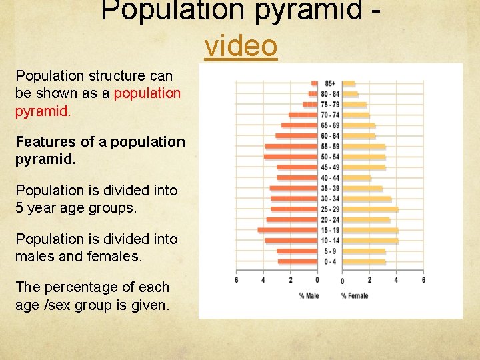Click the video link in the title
pos(241,46)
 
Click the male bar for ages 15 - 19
pos(287,230)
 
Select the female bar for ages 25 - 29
pos(370,209)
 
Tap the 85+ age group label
pos(330,83)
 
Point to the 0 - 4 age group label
pos(330,262)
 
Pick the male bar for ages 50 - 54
pos(290,157)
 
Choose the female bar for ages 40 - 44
pos(357,178)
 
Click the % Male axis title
pos(308,296)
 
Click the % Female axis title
pos(355,296)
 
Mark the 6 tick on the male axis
pos(236,281)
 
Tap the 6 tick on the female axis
pos(423,281)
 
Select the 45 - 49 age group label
pos(330,167)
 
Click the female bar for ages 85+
pos(349,83)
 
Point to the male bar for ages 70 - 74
pos(303,115)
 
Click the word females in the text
pos(113,257)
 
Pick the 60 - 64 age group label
pos(330,136)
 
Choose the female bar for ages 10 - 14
pos(370,241)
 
